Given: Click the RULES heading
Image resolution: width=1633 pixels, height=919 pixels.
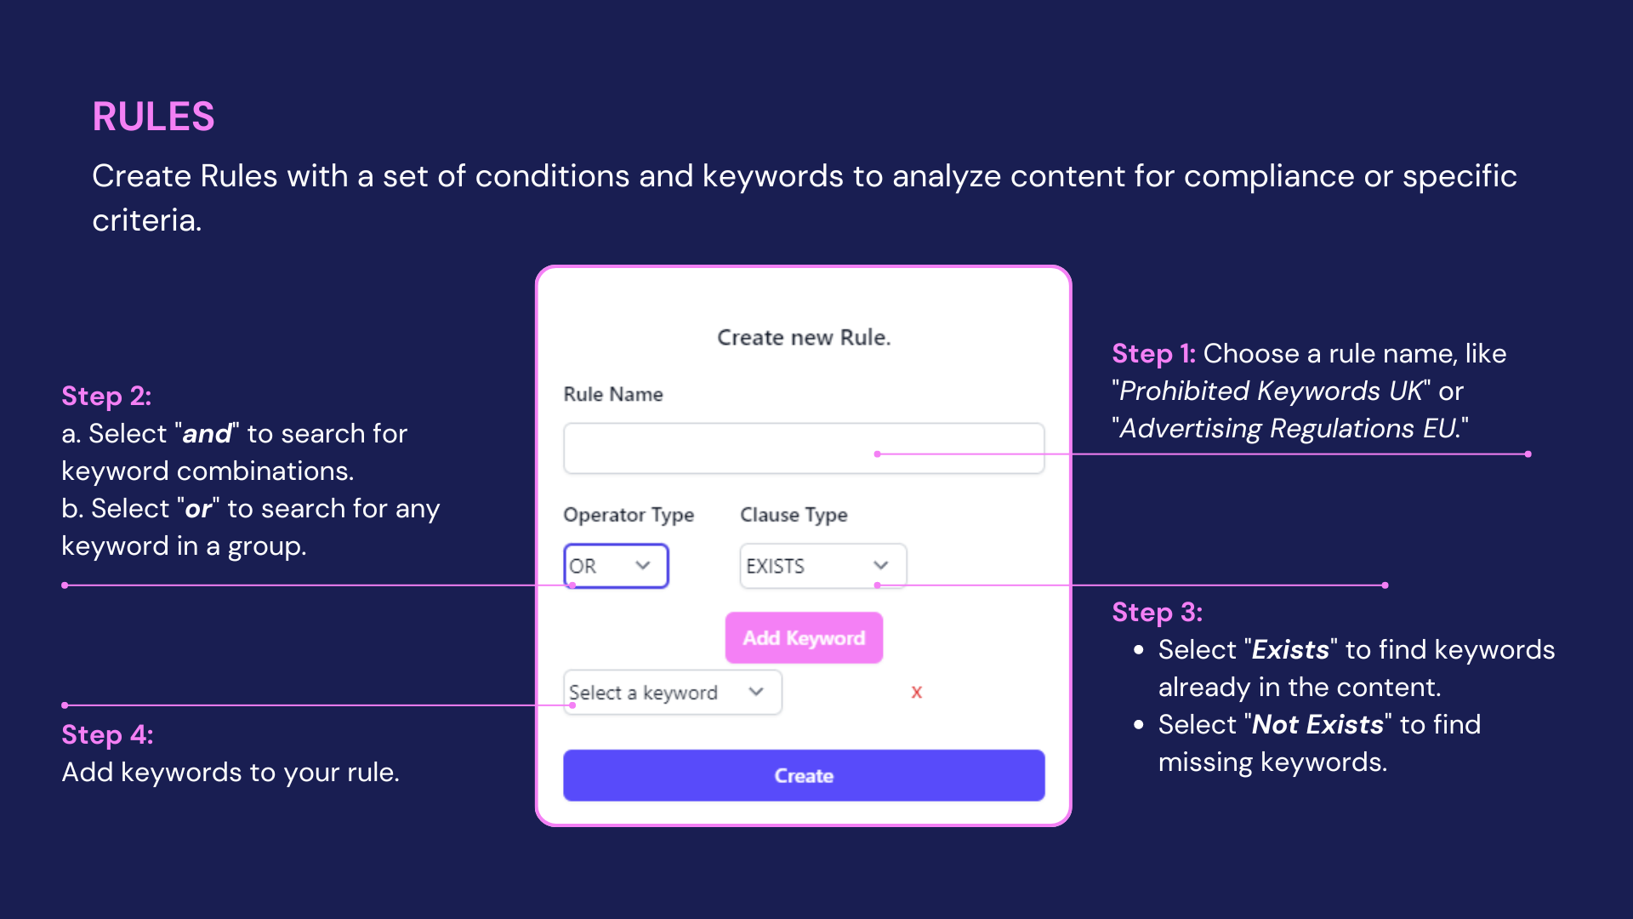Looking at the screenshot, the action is [153, 117].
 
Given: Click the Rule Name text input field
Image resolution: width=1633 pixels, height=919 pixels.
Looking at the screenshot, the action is [803, 448].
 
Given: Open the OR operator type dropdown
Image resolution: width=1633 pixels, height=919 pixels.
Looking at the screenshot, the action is [616, 566].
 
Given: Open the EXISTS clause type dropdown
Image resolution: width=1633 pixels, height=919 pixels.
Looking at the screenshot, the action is [822, 566].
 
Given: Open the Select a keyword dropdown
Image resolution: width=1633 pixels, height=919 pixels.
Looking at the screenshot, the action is [672, 693].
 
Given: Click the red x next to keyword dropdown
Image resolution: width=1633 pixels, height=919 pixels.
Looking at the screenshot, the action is [916, 693].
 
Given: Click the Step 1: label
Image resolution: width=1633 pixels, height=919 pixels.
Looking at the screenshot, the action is [1153, 354].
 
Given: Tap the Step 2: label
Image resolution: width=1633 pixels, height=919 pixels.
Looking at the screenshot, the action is [106, 397].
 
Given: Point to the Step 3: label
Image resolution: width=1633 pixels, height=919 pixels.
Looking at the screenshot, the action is [1157, 613].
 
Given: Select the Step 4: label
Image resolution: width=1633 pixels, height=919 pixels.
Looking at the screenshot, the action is [107, 735].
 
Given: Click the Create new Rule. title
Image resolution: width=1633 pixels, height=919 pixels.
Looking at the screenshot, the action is [804, 338].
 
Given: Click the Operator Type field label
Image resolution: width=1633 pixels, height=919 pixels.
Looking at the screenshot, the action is [629, 515].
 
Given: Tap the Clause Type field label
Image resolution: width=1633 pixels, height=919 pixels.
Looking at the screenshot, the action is [794, 515].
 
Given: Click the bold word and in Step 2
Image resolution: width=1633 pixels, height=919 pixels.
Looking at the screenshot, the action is [207, 434].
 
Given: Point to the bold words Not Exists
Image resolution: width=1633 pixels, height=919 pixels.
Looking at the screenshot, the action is [1317, 725].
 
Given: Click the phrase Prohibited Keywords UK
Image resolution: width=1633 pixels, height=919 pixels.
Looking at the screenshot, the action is [1271, 391].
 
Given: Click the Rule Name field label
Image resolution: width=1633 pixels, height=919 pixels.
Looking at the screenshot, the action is [613, 395].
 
